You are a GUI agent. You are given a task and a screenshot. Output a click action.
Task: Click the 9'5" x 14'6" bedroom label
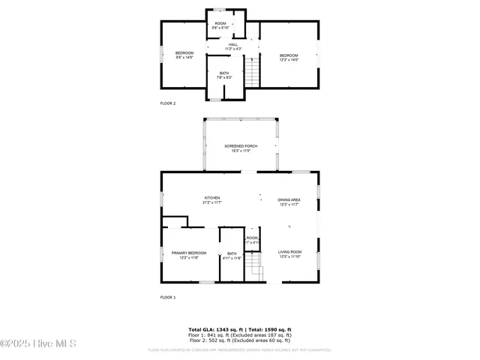click(184, 55)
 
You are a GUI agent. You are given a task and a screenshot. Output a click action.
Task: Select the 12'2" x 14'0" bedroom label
click(289, 57)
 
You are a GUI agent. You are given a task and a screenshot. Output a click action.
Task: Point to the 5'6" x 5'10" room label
click(220, 25)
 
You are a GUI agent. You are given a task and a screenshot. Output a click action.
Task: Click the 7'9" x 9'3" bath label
click(224, 75)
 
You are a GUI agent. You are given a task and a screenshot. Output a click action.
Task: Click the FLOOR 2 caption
click(168, 103)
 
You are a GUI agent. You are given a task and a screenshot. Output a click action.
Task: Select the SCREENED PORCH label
click(241, 148)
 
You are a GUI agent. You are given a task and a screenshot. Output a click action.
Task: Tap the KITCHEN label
click(211, 200)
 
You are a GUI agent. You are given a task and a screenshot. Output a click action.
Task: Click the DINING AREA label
click(289, 201)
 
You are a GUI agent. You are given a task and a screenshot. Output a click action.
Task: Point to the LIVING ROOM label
click(289, 253)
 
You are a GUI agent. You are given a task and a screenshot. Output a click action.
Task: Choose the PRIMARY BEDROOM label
click(189, 255)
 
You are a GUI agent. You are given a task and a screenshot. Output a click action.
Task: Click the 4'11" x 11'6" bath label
click(232, 256)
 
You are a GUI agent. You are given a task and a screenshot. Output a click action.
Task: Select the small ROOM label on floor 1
click(252, 240)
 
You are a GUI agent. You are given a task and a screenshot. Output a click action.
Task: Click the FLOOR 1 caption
click(168, 298)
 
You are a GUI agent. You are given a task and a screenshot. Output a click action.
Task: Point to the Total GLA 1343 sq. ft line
click(239, 329)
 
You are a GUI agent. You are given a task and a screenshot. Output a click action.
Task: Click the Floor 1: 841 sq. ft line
click(239, 334)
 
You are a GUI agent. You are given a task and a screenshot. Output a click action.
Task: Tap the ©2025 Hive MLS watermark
click(38, 344)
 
